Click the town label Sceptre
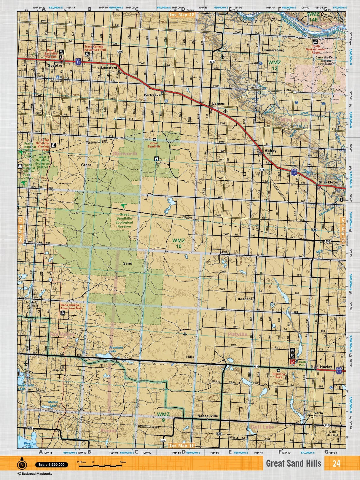pyautogui.click(x=55, y=65)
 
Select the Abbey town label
pyautogui.click(x=270, y=151)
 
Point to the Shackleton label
pyautogui.click(x=329, y=182)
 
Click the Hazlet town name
pyautogui.click(x=326, y=367)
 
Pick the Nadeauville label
pyautogui.click(x=208, y=416)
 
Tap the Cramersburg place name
pyautogui.click(x=273, y=50)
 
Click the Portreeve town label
pyautogui.click(x=152, y=95)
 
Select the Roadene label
pyautogui.click(x=245, y=299)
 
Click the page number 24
pyautogui.click(x=336, y=463)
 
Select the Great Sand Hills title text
pyautogui.click(x=293, y=463)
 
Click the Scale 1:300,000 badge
pyautogui.click(x=51, y=465)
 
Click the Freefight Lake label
pyautogui.click(x=116, y=349)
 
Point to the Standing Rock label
pyautogui.click(x=278, y=376)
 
